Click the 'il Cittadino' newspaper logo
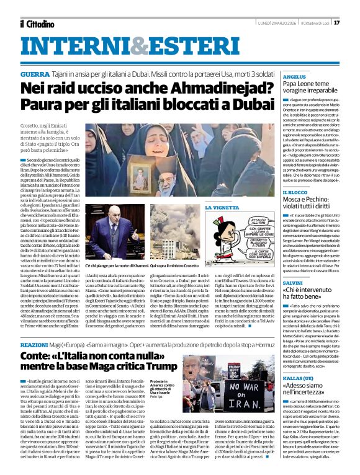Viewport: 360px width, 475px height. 36,24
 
